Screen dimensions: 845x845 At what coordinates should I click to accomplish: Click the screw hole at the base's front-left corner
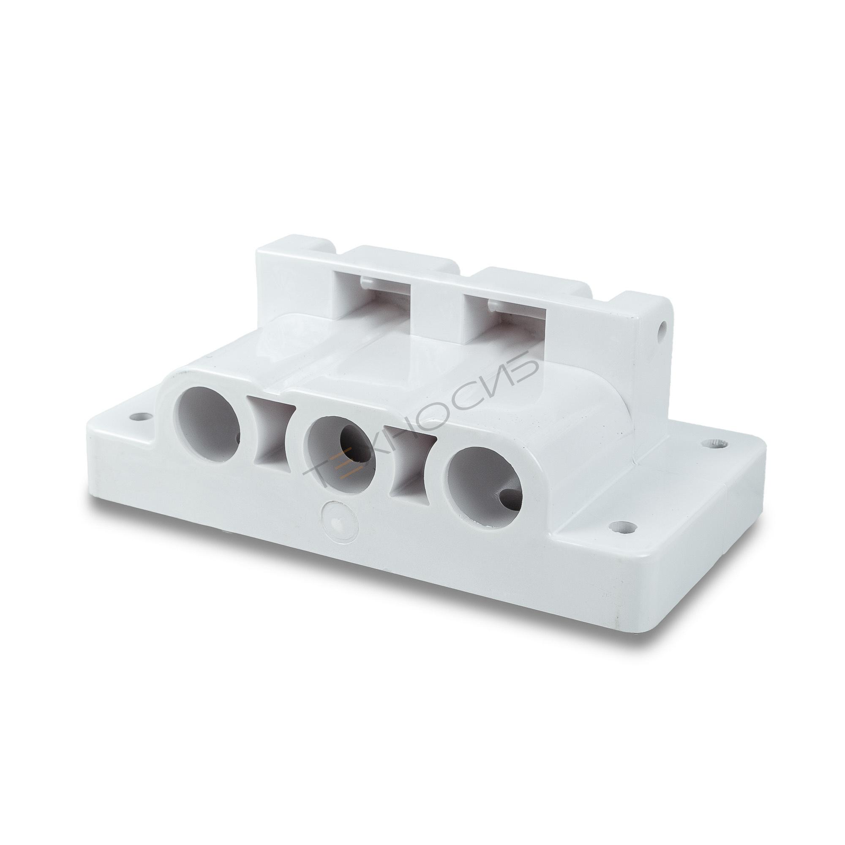coord(139,415)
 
